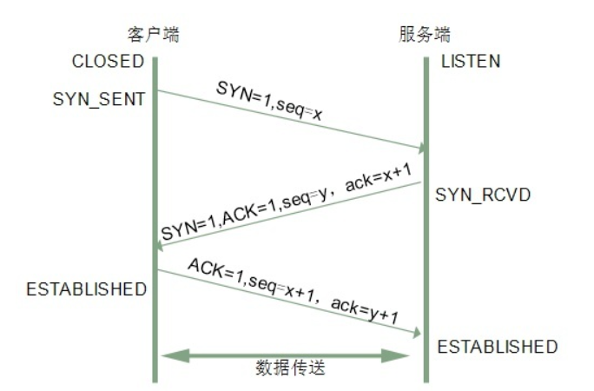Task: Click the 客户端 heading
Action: [153, 35]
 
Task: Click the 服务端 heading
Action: [425, 35]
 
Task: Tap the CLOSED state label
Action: [108, 62]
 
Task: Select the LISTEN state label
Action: [471, 62]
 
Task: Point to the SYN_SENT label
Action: [99, 100]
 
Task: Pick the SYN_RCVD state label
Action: [483, 195]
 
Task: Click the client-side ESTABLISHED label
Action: [86, 289]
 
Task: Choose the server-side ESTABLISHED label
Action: [498, 347]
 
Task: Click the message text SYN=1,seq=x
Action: [269, 101]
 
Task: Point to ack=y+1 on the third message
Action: [365, 311]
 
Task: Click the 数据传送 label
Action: [290, 368]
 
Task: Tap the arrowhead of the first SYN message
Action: [422, 148]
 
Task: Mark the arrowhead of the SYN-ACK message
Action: [159, 246]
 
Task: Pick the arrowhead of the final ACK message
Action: [417, 333]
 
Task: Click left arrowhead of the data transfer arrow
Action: [175, 355]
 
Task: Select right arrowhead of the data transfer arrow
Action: [395, 355]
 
